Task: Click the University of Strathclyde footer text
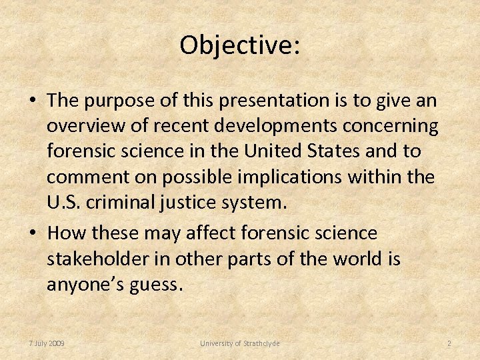click(240, 343)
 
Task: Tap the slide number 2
click(449, 343)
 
